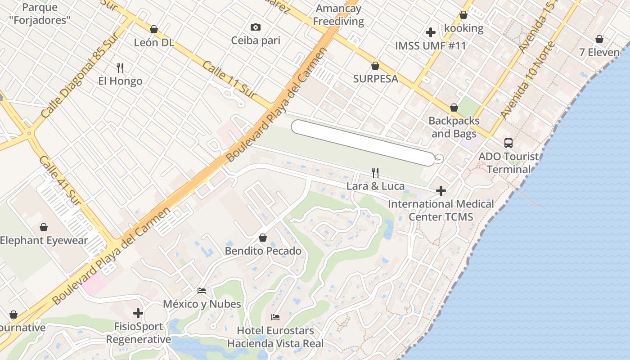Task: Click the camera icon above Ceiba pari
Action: coord(256,27)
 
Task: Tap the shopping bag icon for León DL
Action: coord(154,29)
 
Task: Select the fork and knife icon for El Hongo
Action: coord(120,68)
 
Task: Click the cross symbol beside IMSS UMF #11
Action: coord(431,32)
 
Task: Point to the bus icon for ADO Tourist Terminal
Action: coord(508,143)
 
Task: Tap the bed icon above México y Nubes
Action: coord(202,291)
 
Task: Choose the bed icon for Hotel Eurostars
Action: coord(275,317)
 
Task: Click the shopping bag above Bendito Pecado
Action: coord(263,238)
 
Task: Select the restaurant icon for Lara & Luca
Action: coord(375,172)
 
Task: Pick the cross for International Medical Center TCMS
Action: coord(441,191)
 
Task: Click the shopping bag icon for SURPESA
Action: coord(375,66)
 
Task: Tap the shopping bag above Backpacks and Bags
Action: coord(454,108)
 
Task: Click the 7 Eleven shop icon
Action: coord(599,39)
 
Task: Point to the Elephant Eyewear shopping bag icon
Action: coord(44,227)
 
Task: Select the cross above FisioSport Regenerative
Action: coord(138,313)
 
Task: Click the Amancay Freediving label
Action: coord(338,15)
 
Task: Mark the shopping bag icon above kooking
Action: coord(463,15)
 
